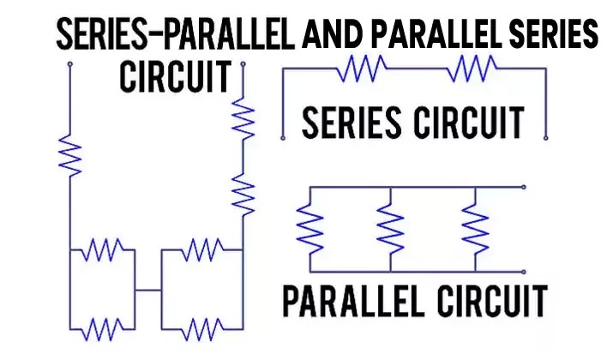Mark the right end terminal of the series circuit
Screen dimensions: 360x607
(x=544, y=135)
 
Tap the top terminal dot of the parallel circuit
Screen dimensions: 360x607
(x=524, y=186)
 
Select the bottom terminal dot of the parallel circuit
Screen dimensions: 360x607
(x=524, y=267)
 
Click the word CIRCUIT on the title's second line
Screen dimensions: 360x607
(x=175, y=77)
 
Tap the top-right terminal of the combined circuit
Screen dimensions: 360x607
(x=245, y=64)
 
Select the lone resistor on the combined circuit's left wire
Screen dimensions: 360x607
(x=69, y=154)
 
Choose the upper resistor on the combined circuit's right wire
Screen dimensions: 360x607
(x=245, y=120)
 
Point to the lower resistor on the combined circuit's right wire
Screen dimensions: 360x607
(x=245, y=194)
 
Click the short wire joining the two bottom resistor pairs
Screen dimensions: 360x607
(x=148, y=291)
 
